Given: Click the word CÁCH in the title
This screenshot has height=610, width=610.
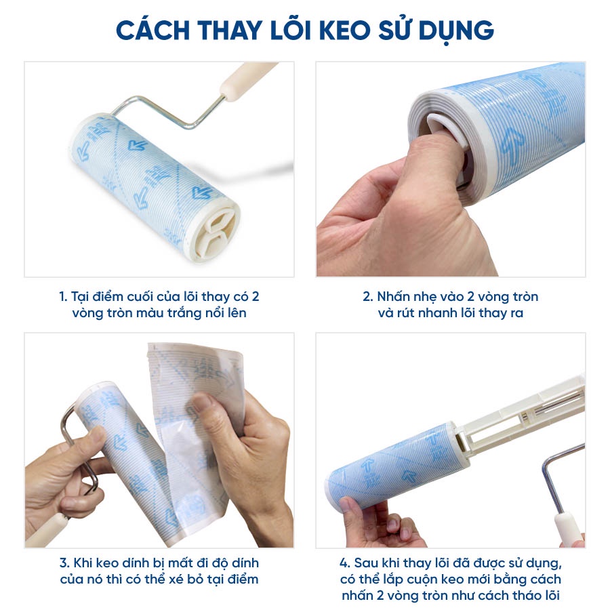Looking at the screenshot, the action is click(153, 30).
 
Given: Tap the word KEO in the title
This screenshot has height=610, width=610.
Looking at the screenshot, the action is click(344, 30).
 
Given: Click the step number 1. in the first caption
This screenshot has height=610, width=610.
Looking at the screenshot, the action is click(63, 297).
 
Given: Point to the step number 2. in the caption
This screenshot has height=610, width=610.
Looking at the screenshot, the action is click(368, 297).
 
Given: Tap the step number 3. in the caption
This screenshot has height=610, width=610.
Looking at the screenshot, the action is click(64, 563).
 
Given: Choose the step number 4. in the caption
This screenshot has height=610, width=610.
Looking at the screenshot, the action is click(345, 563).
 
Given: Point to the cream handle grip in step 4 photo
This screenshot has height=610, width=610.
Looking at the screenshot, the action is click(568, 529).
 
